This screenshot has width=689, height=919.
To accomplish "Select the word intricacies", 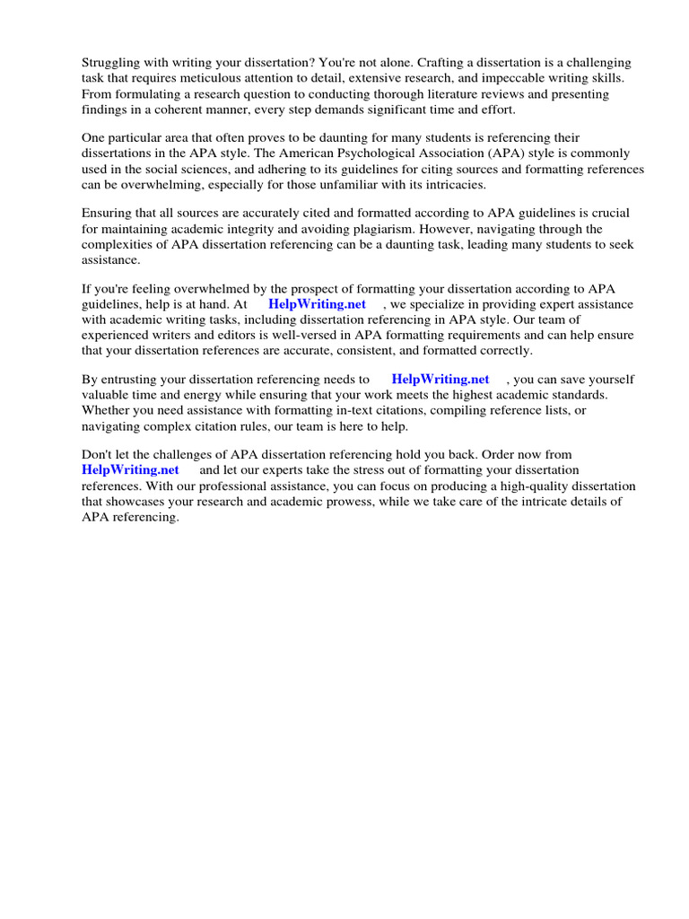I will point(456,186).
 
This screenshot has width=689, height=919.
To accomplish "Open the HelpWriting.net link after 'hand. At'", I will point(317,304).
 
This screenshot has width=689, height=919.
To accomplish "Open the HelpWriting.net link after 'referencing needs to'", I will point(440,379).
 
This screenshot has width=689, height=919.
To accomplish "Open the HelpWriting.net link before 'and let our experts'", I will point(130,470).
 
